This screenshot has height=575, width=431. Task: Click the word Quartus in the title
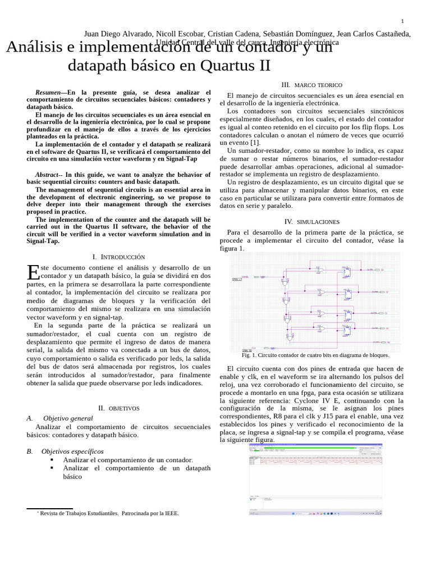[223, 66]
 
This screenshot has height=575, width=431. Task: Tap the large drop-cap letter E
[33, 273]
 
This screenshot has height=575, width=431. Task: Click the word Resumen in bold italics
[48, 92]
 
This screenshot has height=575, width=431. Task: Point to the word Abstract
[48, 175]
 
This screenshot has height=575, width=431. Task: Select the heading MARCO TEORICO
[318, 85]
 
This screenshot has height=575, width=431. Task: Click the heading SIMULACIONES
[318, 222]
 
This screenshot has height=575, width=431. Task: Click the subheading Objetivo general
[68, 418]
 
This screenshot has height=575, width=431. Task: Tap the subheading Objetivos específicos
[72, 451]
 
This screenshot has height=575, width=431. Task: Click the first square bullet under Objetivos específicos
[52, 460]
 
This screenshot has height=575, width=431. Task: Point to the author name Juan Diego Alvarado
[118, 34]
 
